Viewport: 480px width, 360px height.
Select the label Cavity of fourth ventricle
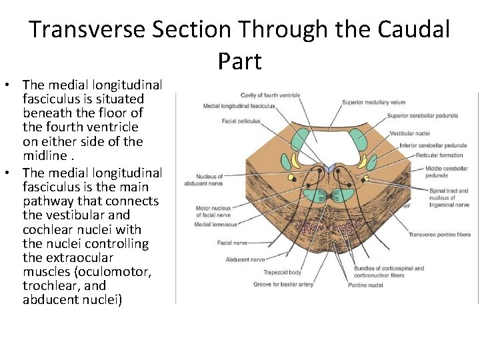tap(270, 95)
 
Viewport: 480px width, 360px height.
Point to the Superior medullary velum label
tap(373, 103)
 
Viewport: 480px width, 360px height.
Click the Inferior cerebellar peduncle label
tap(433, 145)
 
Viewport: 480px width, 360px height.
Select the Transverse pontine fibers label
tap(439, 235)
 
